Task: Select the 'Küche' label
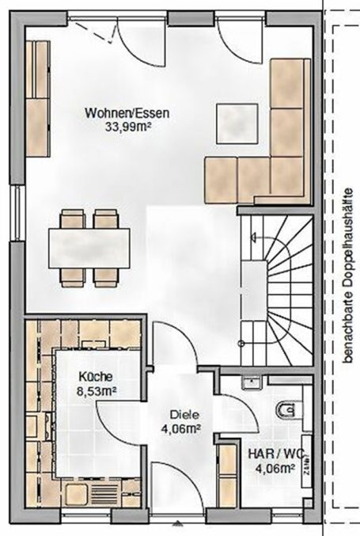(x=94, y=377)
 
